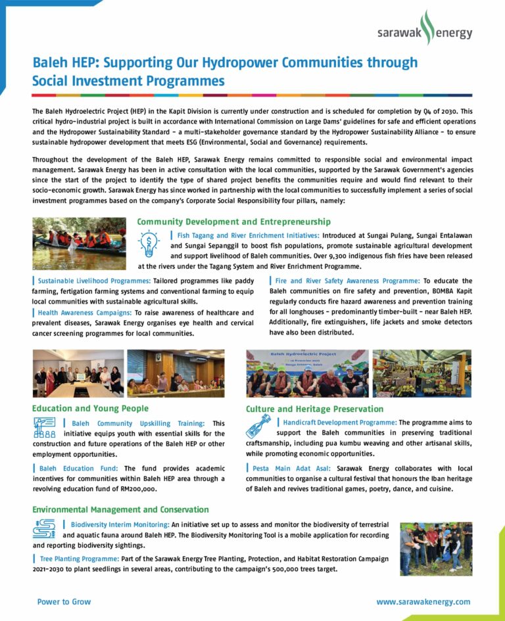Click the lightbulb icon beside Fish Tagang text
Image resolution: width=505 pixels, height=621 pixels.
pos(149,244)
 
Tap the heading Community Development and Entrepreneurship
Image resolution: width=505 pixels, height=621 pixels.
pos(233,222)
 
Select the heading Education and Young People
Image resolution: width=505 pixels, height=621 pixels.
pos(90,409)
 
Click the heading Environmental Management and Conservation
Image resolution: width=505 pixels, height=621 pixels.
pos(120,509)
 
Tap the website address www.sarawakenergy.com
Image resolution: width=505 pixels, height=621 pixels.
pos(423,602)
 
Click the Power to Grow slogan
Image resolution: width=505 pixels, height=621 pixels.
pos(64,602)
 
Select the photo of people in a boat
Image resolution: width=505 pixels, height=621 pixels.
pos(79,244)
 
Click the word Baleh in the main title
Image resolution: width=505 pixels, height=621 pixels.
pos(51,63)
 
